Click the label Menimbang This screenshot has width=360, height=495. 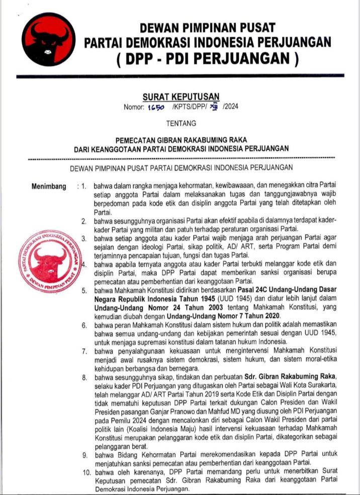pyautogui.click(x=49, y=187)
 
